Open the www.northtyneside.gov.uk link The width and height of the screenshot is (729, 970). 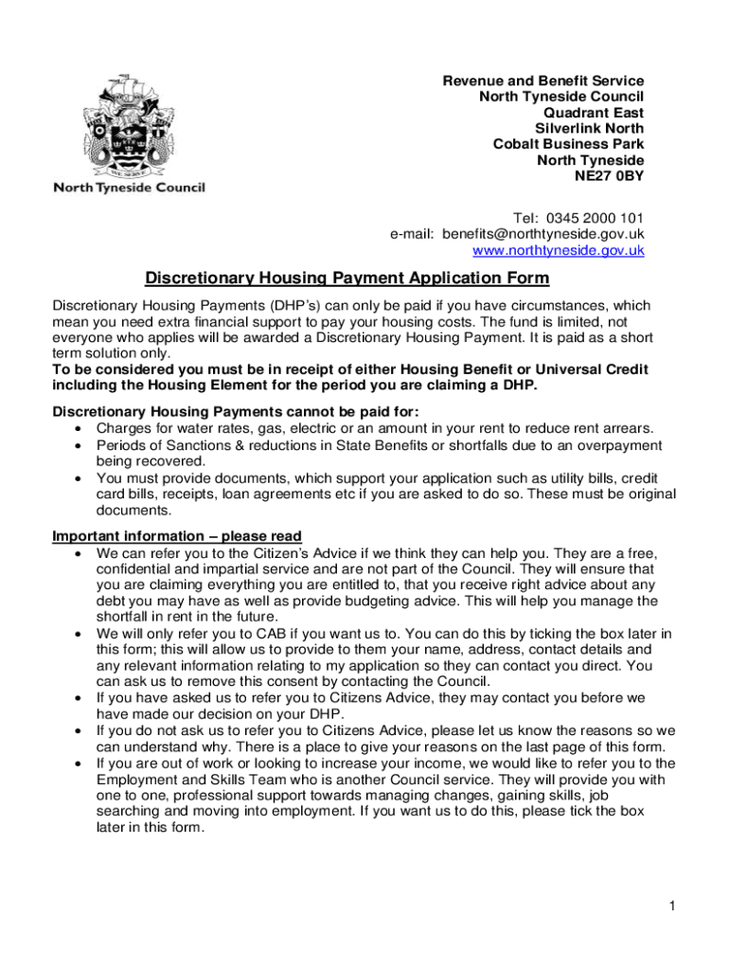pos(558,251)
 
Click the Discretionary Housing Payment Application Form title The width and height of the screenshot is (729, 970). pos(347,278)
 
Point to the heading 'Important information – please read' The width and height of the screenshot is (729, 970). pos(177,536)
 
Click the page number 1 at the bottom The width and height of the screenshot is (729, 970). pos(670,907)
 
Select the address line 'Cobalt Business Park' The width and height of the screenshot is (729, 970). pos(568,144)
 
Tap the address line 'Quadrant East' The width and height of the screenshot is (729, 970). pos(594,112)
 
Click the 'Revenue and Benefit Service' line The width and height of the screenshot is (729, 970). pos(543,81)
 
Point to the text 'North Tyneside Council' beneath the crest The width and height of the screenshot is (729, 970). pos(129,188)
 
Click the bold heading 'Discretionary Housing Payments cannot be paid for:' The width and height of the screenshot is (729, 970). pos(235,410)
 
